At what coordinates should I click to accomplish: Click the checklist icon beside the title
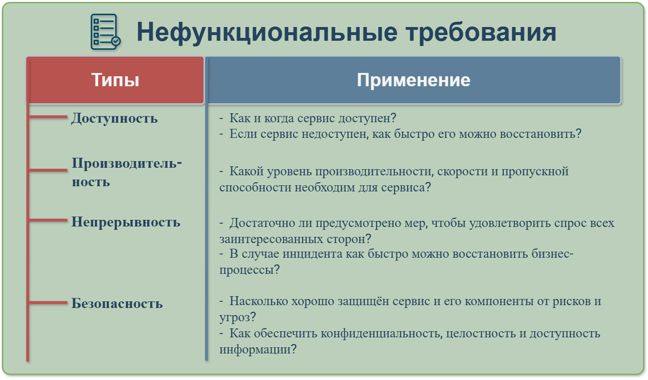point(105,32)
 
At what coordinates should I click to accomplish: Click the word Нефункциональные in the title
point(266,32)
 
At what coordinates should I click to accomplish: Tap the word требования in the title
point(481,32)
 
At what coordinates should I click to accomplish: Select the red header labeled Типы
point(115,80)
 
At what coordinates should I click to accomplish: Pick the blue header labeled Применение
point(413,80)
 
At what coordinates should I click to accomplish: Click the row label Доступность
point(115,118)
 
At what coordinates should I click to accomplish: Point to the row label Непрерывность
point(126,222)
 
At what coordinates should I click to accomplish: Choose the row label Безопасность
point(117,303)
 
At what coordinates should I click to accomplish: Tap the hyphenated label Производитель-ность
point(127,172)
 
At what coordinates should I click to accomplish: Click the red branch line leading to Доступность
point(48,117)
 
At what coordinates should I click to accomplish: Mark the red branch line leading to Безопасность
point(48,303)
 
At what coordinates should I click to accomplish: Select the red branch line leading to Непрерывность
point(48,220)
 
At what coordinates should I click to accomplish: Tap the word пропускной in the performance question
point(535,172)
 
